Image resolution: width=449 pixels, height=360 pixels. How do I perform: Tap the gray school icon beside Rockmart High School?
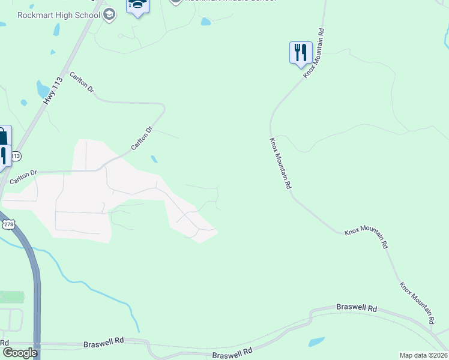109,15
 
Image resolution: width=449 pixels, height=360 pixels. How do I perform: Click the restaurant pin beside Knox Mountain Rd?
300,53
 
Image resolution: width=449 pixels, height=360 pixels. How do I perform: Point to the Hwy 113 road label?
53,92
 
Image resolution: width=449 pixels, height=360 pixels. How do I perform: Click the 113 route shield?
16,156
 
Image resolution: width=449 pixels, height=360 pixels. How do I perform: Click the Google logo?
19,352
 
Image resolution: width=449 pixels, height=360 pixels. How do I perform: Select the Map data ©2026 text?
424,355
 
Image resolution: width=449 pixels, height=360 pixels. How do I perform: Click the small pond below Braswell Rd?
316,342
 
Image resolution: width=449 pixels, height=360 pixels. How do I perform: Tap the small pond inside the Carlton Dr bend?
155,159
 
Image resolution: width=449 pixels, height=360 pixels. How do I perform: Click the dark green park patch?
12,296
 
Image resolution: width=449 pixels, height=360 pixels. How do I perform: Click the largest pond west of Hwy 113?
43,89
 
